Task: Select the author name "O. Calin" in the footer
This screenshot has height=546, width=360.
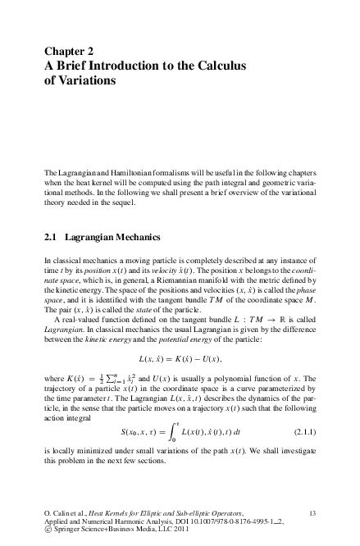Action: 58,512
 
